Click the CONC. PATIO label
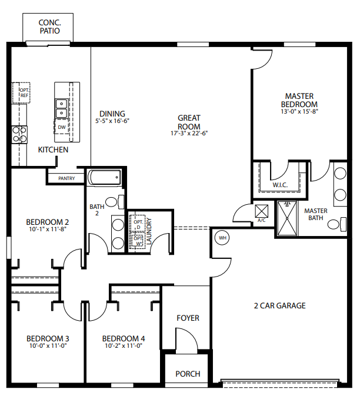[49, 26]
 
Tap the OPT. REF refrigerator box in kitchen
[24, 93]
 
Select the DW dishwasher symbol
[62, 127]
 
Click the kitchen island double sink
[61, 108]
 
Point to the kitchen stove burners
[19, 134]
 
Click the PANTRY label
[66, 178]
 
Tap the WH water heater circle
[222, 238]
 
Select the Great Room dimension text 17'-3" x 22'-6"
[189, 134]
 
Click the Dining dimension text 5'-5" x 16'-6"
[112, 121]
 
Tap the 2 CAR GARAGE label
[279, 305]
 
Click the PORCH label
[188, 374]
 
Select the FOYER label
[188, 318]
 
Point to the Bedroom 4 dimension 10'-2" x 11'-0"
[123, 347]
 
